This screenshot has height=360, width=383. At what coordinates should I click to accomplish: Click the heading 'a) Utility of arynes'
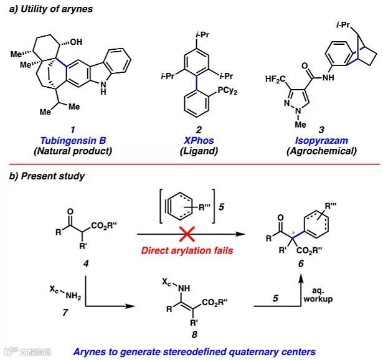click(48, 10)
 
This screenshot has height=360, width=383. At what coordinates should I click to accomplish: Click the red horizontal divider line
click(191, 164)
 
